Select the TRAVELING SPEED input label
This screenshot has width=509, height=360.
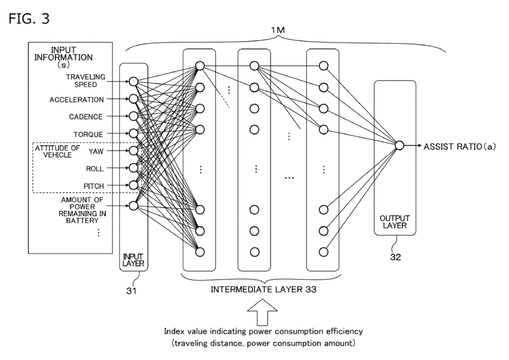pos(86,81)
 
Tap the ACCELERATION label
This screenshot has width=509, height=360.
pos(77,99)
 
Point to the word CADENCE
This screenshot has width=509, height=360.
pos(86,116)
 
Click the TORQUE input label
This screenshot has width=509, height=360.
pos(88,134)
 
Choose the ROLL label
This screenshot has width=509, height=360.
pos(94,168)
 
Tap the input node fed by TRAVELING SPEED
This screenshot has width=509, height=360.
pos(133,81)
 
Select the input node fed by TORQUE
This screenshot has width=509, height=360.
pos(133,133)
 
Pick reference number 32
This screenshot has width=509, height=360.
pos(396,258)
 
